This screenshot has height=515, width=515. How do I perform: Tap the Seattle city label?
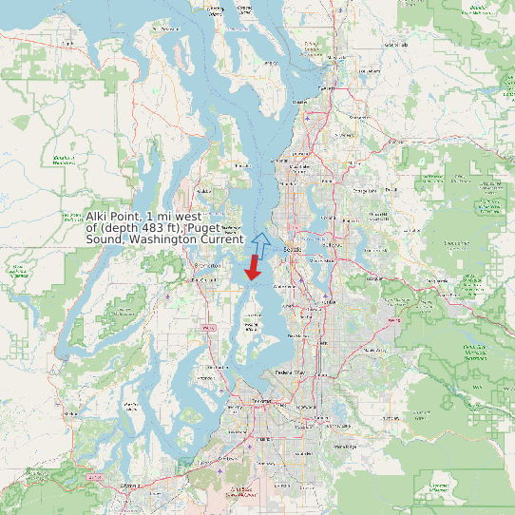pos(294,249)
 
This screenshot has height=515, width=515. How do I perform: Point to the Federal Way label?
pos(289,372)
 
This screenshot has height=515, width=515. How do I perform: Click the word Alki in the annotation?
pos(99,218)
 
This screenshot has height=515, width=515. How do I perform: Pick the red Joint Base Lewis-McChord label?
pos(237,493)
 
